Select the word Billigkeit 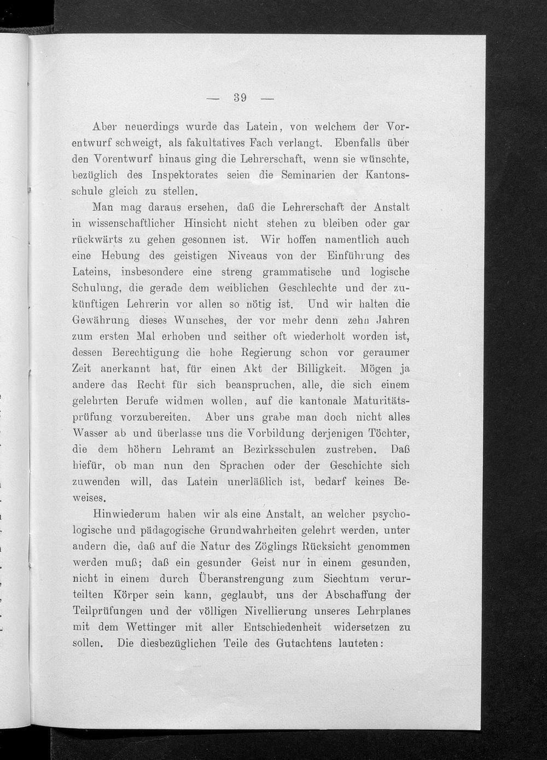[x=321, y=369]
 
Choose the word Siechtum [x=339, y=579]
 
